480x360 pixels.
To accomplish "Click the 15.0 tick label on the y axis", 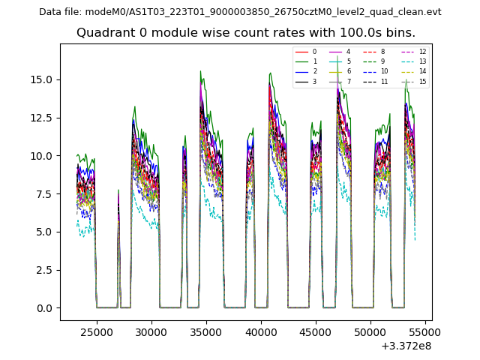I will (x=43, y=80).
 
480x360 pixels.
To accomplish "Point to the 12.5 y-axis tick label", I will (x=43, y=118).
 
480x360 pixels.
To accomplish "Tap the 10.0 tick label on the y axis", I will (x=43, y=156).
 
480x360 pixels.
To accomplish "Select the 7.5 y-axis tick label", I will (x=46, y=193).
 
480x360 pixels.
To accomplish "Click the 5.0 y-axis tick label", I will (x=46, y=232).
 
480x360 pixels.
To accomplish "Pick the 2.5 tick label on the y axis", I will (x=46, y=270).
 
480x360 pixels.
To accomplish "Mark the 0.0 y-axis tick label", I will (x=46, y=307).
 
